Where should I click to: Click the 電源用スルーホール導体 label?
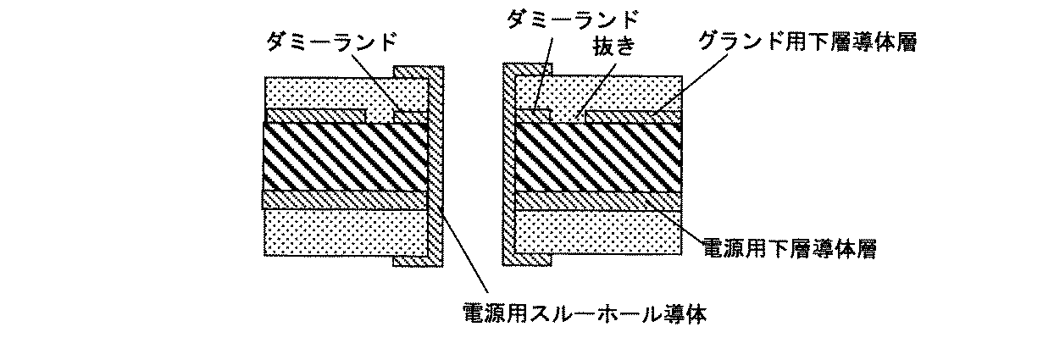click(x=585, y=314)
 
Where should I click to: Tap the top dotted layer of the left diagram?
click(x=339, y=91)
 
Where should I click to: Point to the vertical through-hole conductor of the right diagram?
click(x=509, y=169)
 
